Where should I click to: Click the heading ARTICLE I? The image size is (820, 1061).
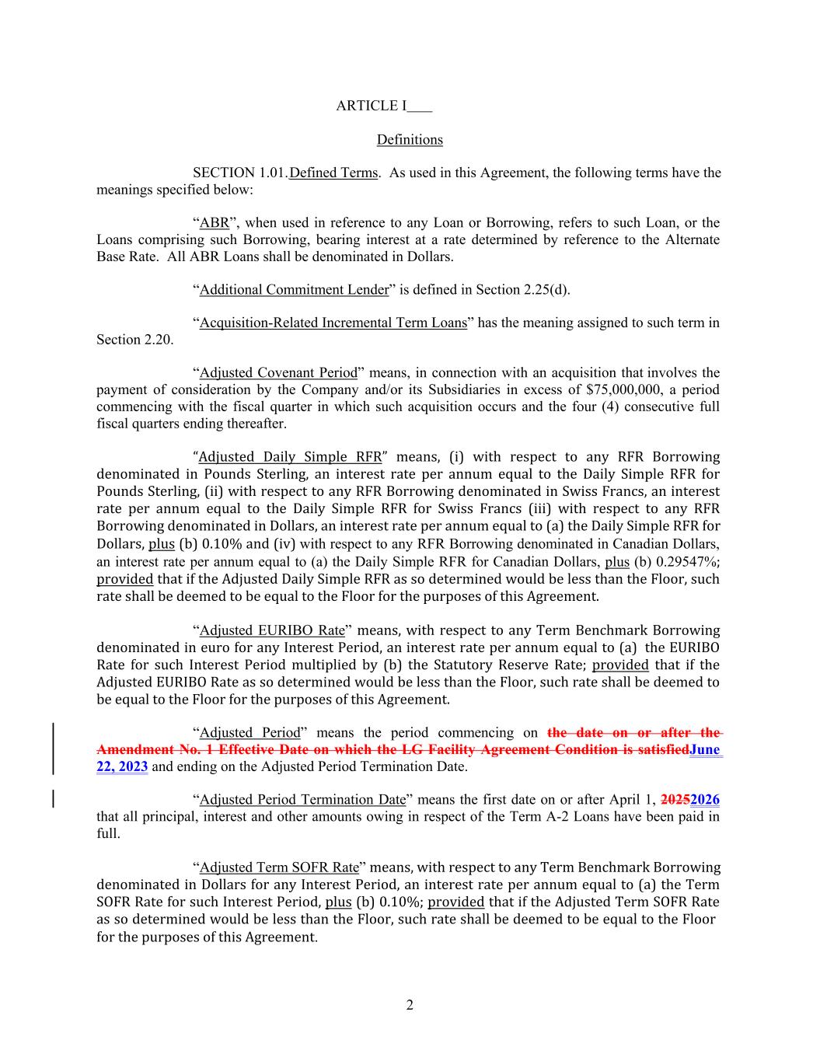372,106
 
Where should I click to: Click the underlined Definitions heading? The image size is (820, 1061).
410,140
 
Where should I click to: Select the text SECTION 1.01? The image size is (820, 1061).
240,173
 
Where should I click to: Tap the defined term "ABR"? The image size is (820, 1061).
214,223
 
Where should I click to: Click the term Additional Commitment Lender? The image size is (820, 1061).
294,290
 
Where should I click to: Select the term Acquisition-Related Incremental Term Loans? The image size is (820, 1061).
333,323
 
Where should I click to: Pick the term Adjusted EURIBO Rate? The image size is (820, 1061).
272,630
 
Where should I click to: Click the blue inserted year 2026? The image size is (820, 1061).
705,800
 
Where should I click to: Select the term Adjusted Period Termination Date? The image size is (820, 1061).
302,800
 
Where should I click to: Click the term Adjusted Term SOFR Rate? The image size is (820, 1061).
279,867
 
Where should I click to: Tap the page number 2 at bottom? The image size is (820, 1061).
410,1006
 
